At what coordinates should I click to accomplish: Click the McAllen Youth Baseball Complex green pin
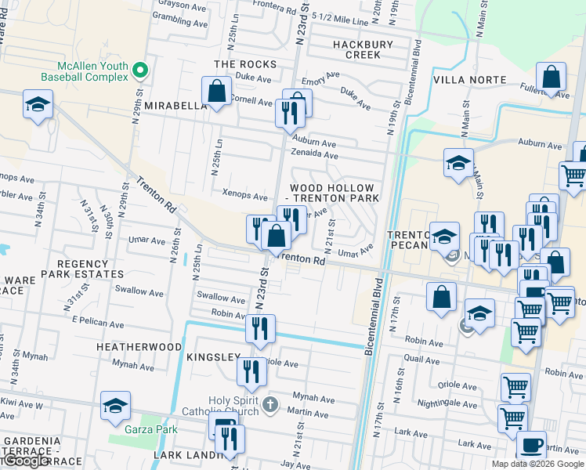point(140,70)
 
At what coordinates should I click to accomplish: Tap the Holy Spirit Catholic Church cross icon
point(269,405)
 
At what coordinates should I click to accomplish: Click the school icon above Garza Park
point(115,406)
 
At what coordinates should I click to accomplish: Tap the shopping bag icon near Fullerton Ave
point(552,78)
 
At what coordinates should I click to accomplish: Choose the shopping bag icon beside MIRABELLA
point(216,92)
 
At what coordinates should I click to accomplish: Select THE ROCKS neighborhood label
point(245,64)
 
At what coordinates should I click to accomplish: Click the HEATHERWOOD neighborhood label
point(139,346)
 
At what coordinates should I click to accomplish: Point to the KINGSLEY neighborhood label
point(213,357)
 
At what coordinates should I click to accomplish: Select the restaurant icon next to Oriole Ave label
point(251,371)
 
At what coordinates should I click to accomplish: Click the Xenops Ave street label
point(245,195)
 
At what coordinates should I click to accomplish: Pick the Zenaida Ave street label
point(314,156)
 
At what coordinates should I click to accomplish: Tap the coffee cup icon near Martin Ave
point(531,446)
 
